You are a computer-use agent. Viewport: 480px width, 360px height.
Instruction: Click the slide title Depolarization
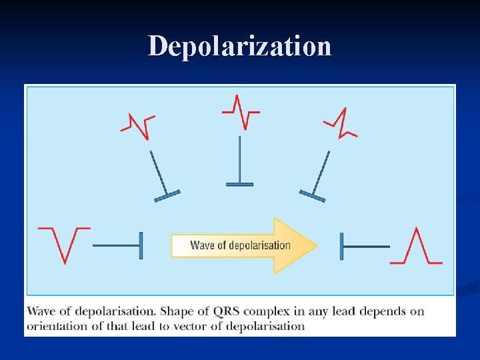tap(239, 47)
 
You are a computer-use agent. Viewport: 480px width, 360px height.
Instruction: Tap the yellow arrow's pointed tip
tap(315, 245)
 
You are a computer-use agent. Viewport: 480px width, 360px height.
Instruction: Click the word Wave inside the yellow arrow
tap(201, 245)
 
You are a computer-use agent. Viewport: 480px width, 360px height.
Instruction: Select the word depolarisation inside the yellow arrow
tap(260, 245)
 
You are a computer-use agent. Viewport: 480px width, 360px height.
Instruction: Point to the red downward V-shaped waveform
tap(64, 244)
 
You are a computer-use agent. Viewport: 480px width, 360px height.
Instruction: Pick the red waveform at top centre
tap(241, 111)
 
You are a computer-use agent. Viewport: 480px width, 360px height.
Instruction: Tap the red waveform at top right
tap(341, 123)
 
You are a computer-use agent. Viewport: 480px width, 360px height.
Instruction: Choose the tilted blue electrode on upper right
tap(317, 176)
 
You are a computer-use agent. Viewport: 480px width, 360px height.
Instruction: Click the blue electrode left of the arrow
tap(119, 245)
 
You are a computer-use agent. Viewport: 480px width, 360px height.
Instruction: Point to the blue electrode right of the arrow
tap(363, 246)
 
